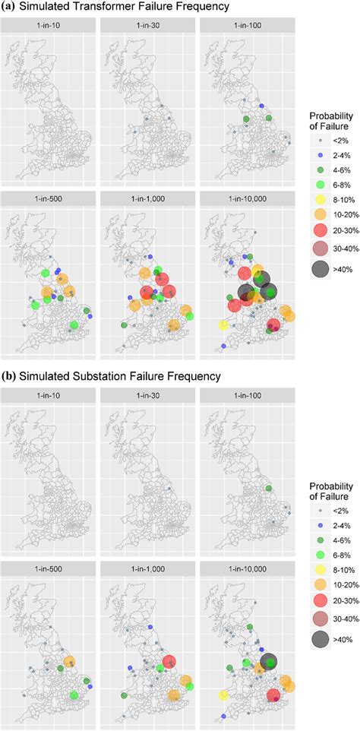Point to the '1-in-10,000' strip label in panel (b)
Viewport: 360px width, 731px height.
tap(246, 568)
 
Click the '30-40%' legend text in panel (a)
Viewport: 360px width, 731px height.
tap(344, 271)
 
